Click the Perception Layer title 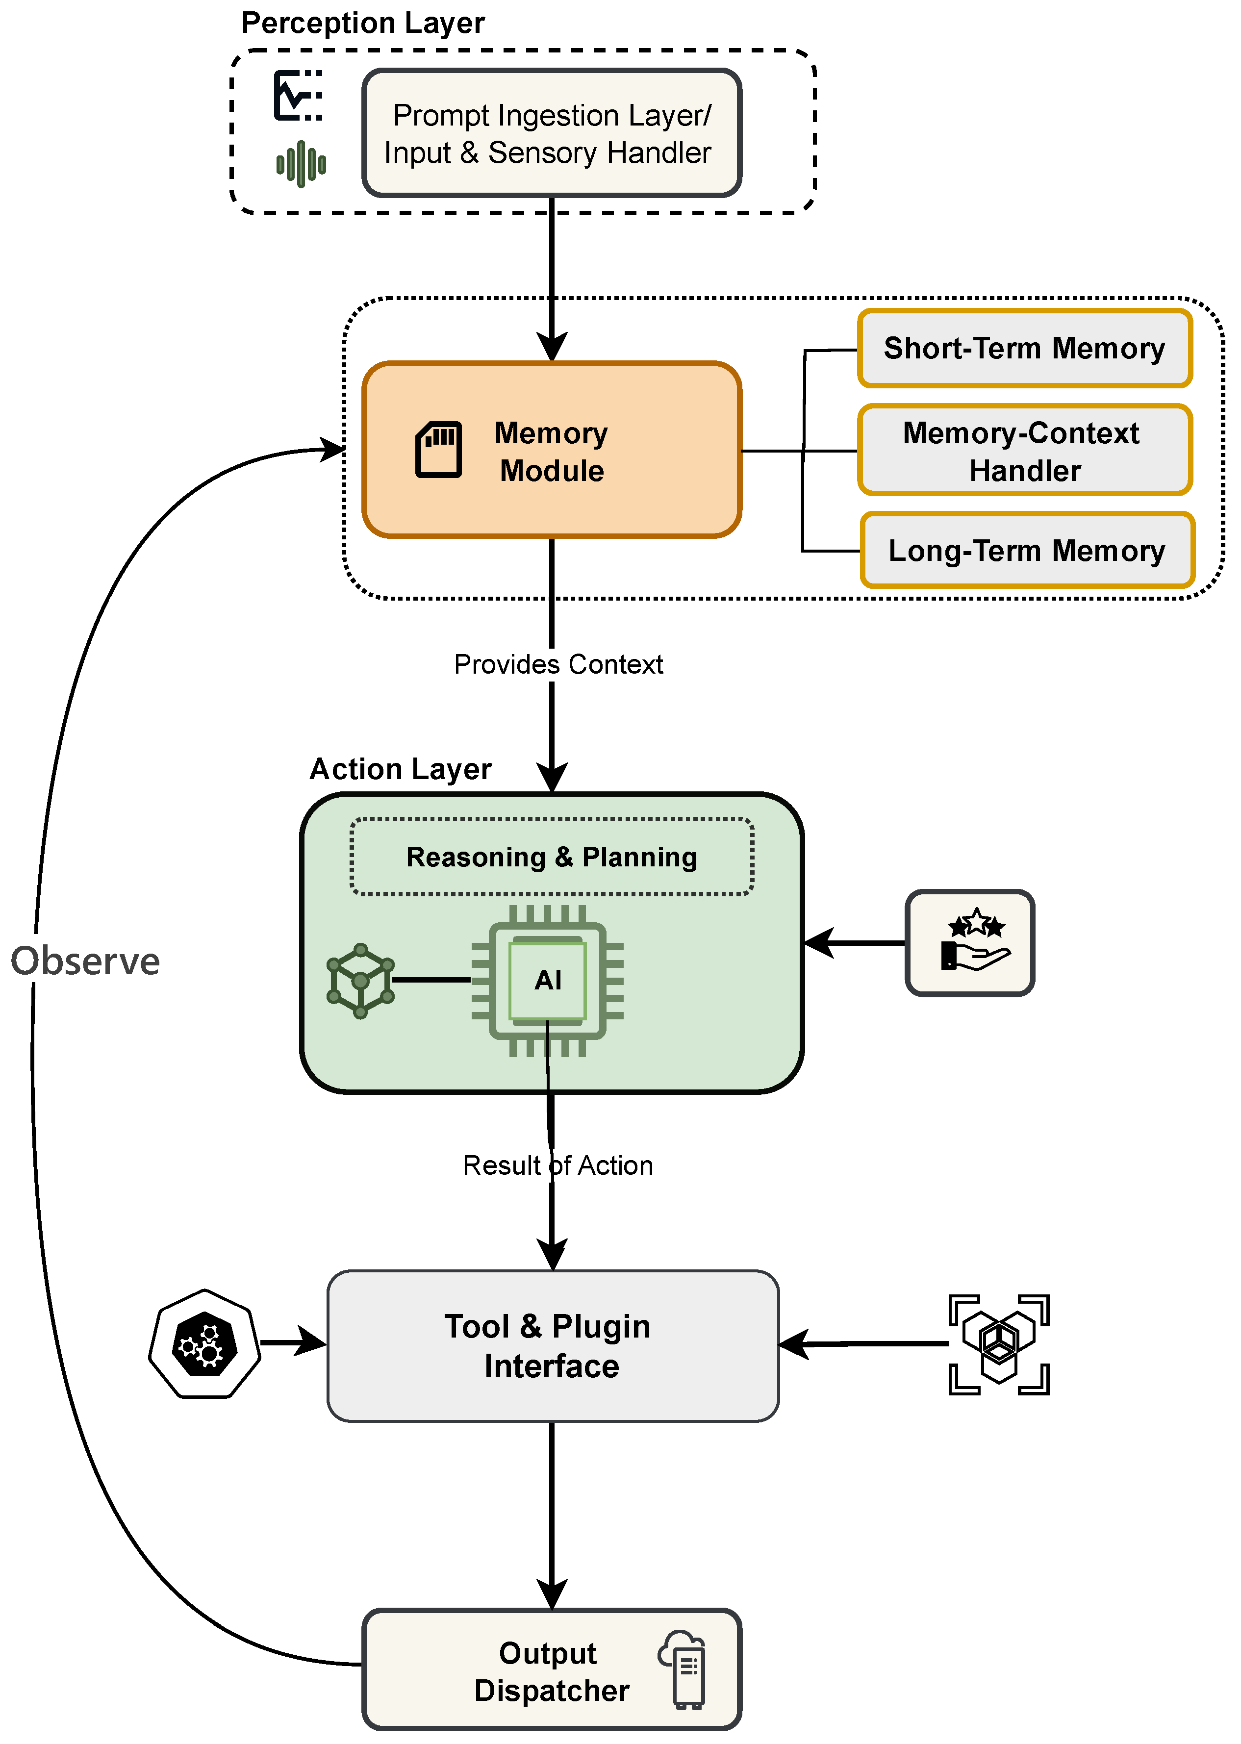363,23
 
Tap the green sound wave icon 301,163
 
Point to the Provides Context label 558,664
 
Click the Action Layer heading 401,768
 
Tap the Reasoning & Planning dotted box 551,857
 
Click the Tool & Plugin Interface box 552,1346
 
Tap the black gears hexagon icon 204,1344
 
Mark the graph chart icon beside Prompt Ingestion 298,96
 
